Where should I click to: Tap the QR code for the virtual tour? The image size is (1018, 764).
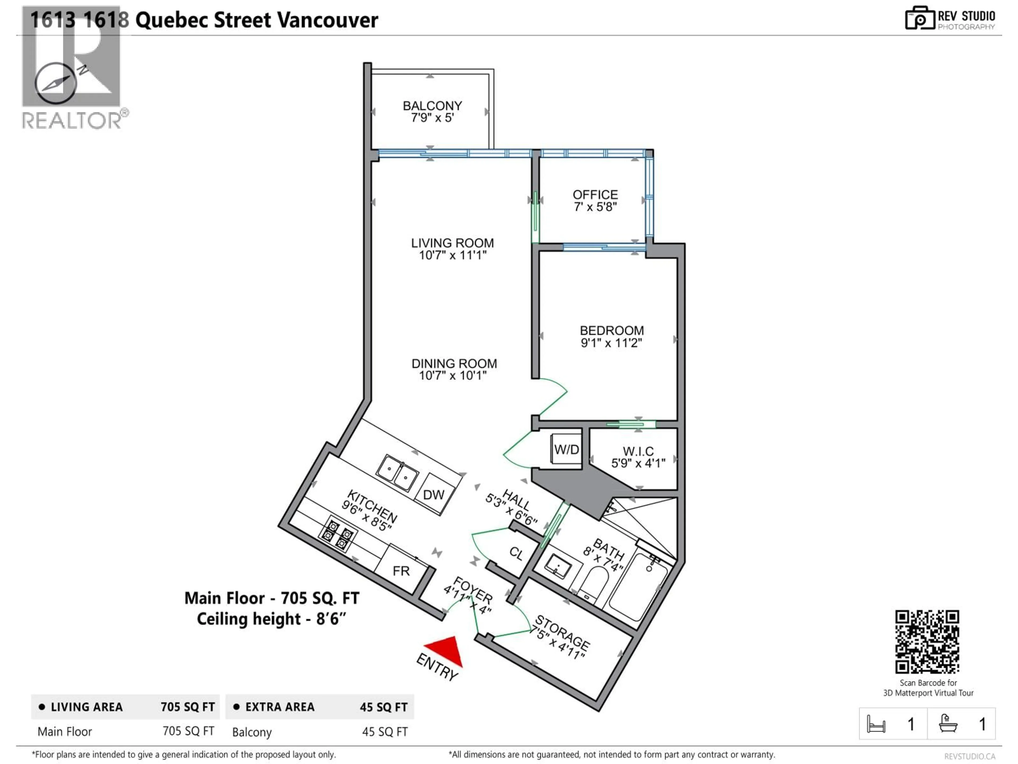(x=927, y=641)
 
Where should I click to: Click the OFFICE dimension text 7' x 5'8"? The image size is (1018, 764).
(x=595, y=207)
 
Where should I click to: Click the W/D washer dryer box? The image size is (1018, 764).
(x=566, y=449)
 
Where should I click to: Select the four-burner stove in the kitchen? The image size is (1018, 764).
(x=337, y=534)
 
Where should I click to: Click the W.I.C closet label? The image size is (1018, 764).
(x=638, y=451)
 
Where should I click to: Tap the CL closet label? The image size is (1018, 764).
(x=516, y=553)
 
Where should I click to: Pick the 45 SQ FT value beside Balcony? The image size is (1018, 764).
(x=384, y=732)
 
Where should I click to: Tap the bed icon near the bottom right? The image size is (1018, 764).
(x=876, y=724)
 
